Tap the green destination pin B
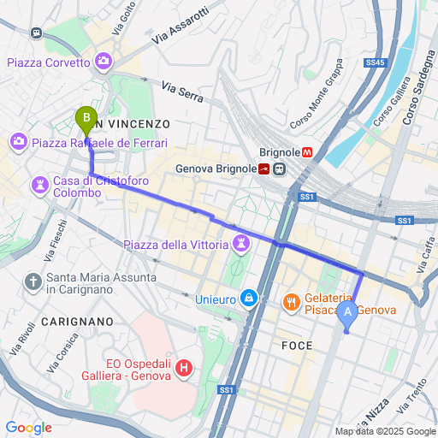[86, 118]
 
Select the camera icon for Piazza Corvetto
[104, 62]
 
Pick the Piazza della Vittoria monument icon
[242, 246]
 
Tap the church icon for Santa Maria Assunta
[33, 281]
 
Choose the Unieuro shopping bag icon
[248, 299]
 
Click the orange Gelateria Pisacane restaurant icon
[292, 301]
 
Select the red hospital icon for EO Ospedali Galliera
[183, 369]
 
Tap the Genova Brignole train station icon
[279, 169]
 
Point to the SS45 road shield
[375, 62]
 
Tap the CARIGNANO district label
[75, 321]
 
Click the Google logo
[28, 428]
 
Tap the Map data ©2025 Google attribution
[385, 431]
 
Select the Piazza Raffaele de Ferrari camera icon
[20, 142]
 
